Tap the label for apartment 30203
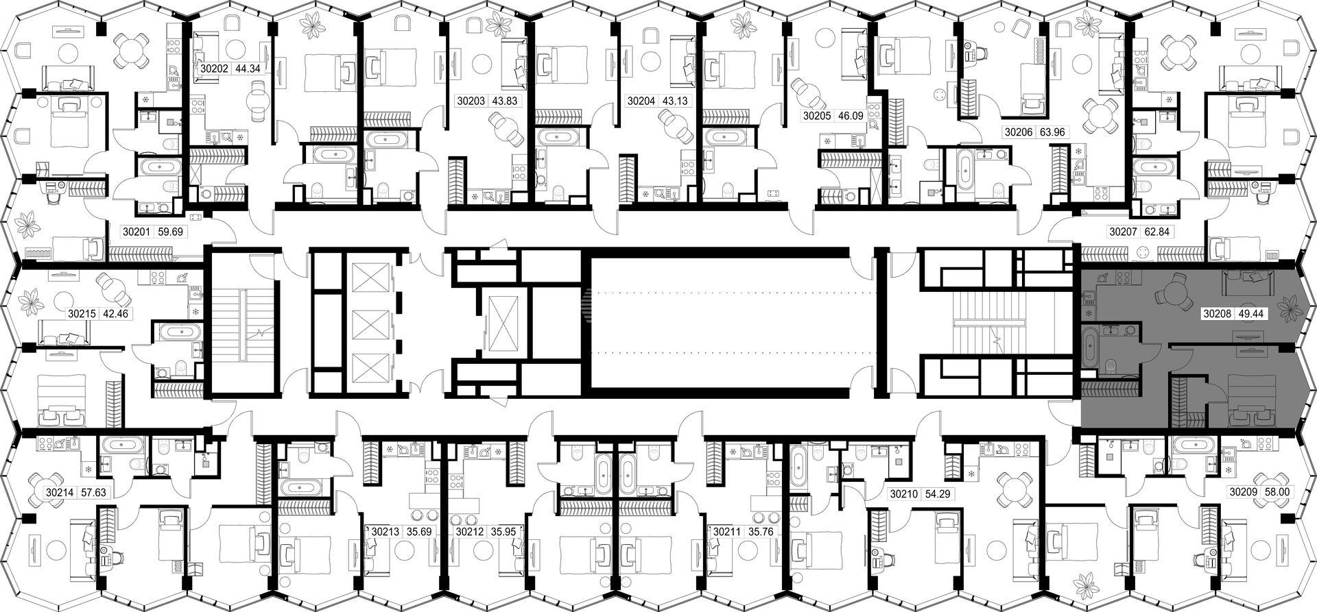click(471, 101)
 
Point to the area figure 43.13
click(674, 101)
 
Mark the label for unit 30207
click(1124, 232)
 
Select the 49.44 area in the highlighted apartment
click(1250, 314)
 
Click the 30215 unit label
click(82, 315)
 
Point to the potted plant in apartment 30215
click(32, 302)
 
